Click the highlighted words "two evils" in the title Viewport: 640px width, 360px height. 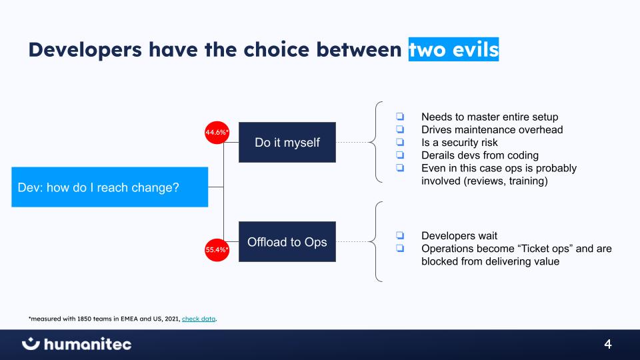pos(453,49)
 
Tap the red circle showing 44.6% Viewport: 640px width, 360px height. pos(217,132)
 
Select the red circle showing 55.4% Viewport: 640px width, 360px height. pos(217,250)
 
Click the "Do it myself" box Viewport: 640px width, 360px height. pos(287,142)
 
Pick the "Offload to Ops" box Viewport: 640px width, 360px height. pos(287,241)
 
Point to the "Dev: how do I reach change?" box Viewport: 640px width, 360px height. pos(110,187)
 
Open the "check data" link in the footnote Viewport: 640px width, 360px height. pos(199,319)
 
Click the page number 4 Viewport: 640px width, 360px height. pos(608,344)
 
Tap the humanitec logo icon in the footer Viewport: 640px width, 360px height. pos(31,344)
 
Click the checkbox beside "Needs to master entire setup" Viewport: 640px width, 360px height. pos(400,116)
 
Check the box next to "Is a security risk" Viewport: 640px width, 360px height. pos(400,142)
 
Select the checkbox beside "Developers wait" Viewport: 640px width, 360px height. pos(400,235)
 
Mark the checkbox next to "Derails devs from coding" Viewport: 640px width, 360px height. pos(400,155)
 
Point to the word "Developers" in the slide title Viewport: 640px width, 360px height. pos(85,50)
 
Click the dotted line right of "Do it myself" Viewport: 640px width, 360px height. pos(353,143)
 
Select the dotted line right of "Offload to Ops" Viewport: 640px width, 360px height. pos(353,241)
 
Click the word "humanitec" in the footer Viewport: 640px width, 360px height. pos(88,344)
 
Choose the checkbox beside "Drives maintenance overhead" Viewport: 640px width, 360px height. pos(400,129)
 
